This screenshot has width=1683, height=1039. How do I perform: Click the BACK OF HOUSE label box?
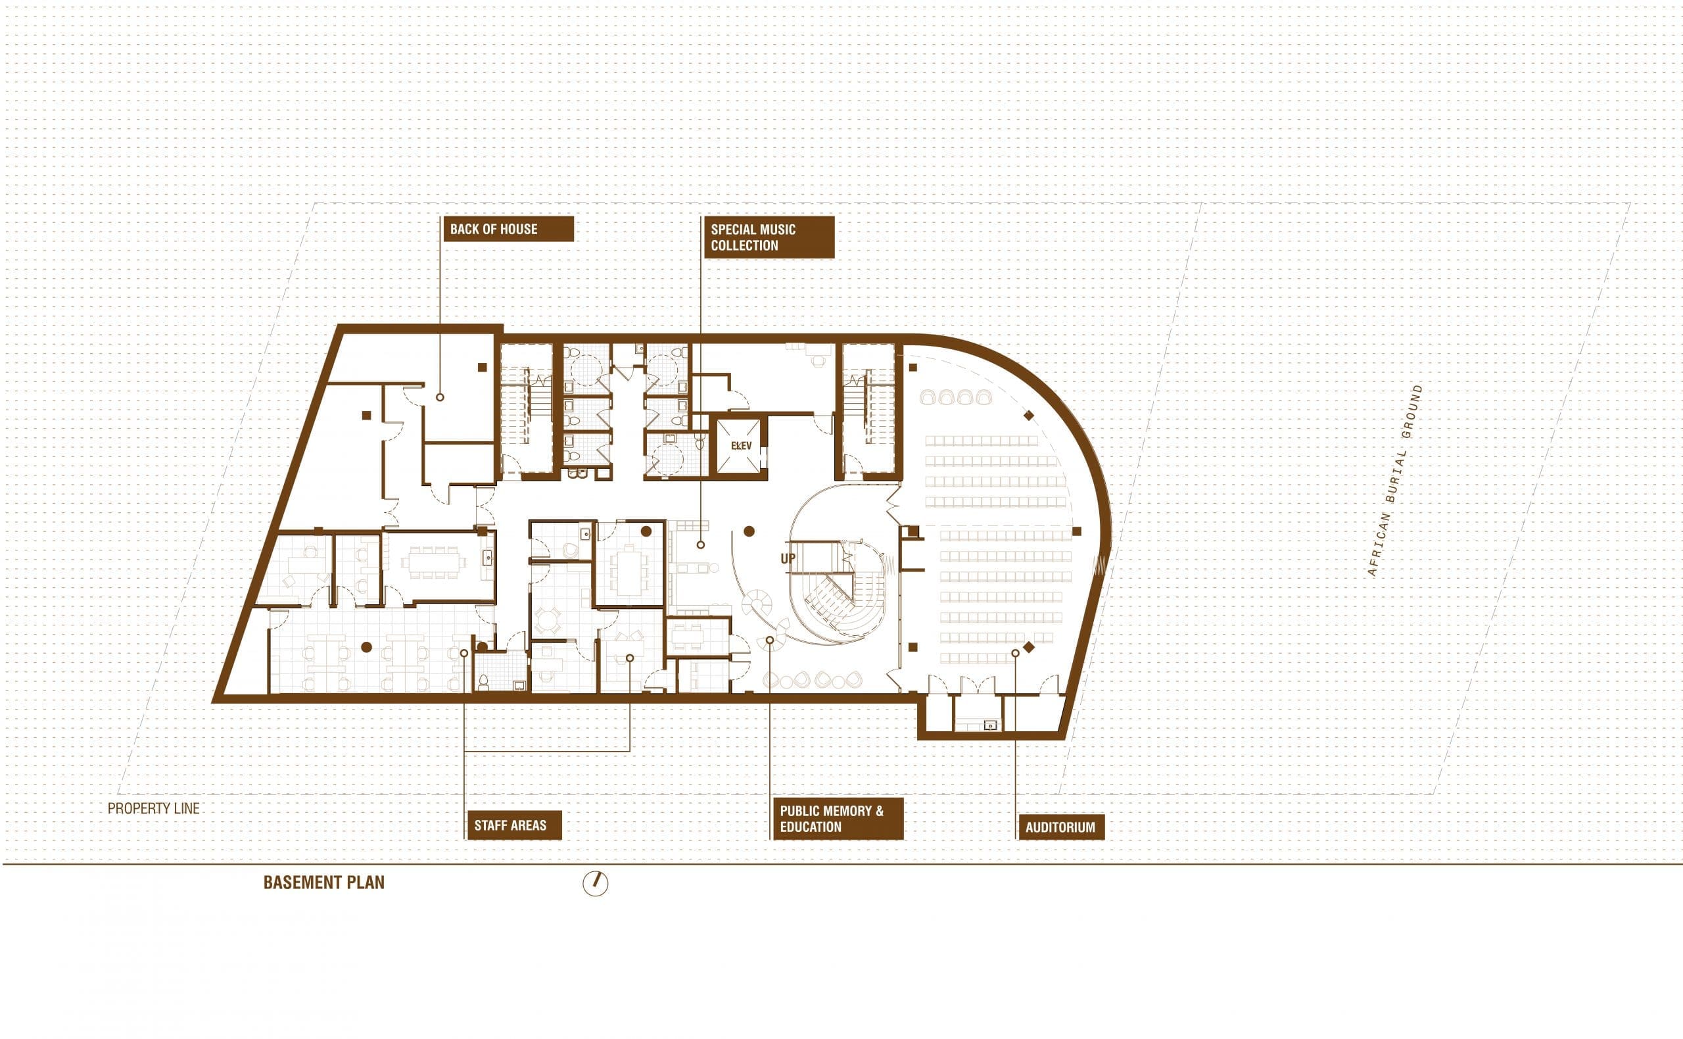[x=508, y=229]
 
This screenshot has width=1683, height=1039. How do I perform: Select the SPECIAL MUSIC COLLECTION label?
[x=769, y=237]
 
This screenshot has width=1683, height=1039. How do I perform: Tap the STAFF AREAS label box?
[x=514, y=825]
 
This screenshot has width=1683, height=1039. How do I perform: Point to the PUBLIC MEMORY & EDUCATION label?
[x=838, y=819]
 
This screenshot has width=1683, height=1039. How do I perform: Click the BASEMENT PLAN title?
[x=324, y=883]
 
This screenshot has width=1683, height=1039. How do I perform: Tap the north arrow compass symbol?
[x=596, y=883]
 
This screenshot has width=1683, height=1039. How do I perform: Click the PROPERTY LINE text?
[x=154, y=809]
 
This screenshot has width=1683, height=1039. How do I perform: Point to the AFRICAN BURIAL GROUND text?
[x=1396, y=480]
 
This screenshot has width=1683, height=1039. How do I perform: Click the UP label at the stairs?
[x=788, y=559]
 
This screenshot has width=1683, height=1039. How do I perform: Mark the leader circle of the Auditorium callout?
[x=1015, y=654]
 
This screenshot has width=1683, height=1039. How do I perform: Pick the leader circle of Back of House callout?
[x=440, y=397]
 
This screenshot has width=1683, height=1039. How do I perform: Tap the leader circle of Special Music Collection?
[x=701, y=545]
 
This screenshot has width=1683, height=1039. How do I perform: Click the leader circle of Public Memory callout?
[x=770, y=640]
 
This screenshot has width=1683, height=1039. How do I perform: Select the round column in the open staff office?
[x=367, y=646]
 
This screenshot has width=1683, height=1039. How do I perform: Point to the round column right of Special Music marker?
[x=749, y=531]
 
